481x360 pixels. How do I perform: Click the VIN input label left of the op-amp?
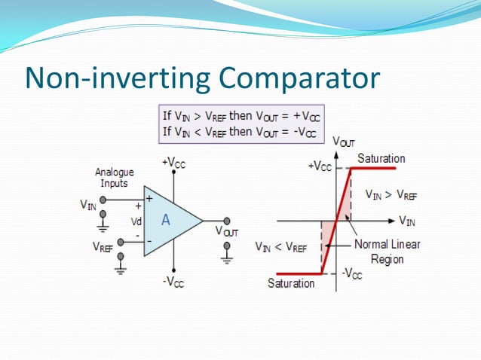pos(87,204)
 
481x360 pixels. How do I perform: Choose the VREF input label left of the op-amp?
pos(103,246)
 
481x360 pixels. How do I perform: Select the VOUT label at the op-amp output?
pos(226,231)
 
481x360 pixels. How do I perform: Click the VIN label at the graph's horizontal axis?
pos(407,221)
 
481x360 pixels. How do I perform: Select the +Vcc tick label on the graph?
pos(320,166)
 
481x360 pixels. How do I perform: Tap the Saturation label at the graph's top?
pos(381,159)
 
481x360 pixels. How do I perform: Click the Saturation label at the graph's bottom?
pos(290,283)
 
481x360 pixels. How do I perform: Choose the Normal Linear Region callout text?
pos(387,252)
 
